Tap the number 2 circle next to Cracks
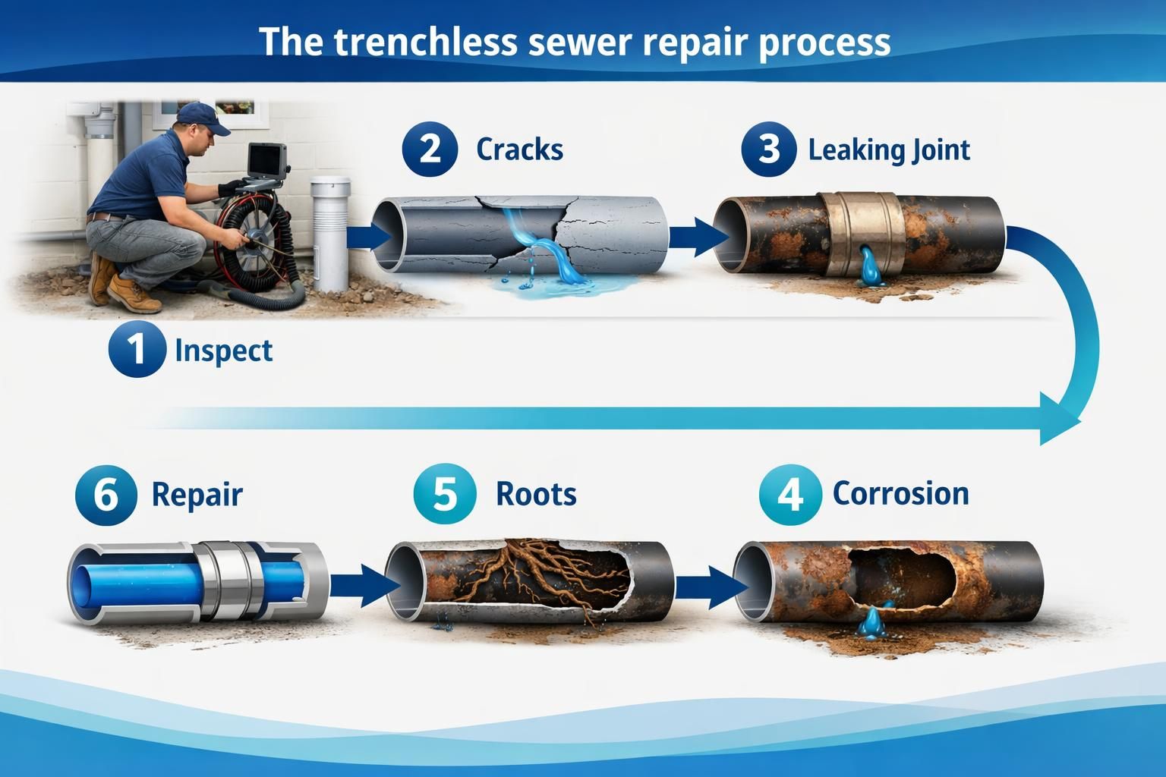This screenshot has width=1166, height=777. tap(430, 148)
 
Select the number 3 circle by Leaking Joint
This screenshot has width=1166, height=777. tap(768, 148)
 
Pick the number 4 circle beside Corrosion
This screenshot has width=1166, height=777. tap(790, 495)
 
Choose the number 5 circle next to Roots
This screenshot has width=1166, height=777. tap(445, 495)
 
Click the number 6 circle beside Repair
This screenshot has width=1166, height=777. tap(106, 495)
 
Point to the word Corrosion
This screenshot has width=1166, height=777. tap(900, 494)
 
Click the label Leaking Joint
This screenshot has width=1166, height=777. tap(888, 149)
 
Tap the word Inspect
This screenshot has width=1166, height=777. tap(223, 351)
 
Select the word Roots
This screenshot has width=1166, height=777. tap(536, 495)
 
